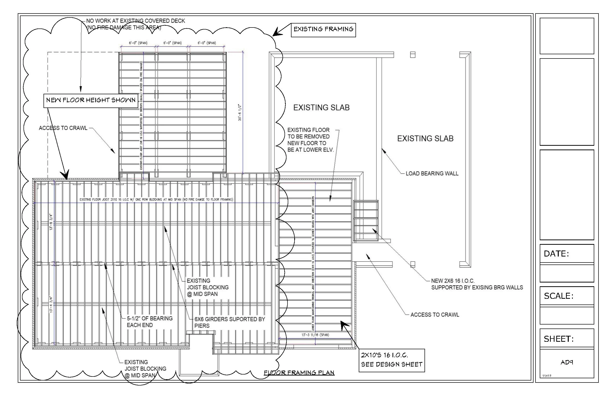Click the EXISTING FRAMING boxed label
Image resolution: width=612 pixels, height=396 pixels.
click(x=323, y=29)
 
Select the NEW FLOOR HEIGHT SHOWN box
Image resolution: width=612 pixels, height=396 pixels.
click(x=91, y=100)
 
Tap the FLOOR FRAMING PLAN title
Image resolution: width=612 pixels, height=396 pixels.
click(x=299, y=372)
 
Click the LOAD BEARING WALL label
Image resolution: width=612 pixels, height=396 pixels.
click(x=432, y=173)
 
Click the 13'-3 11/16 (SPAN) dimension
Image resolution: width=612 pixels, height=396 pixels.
click(x=315, y=335)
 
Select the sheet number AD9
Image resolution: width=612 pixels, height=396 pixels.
click(x=566, y=362)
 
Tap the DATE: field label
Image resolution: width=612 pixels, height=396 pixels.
click(x=556, y=254)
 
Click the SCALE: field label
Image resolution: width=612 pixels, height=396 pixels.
click(x=558, y=296)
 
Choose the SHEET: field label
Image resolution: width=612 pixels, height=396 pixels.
click(x=558, y=339)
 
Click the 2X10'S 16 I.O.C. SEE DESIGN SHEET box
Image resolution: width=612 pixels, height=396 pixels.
click(x=392, y=360)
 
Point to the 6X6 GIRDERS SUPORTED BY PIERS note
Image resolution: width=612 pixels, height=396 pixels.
click(x=229, y=322)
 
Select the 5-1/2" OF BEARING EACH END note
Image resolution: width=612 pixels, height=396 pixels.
click(x=149, y=322)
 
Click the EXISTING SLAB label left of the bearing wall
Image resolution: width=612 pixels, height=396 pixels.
click(x=321, y=107)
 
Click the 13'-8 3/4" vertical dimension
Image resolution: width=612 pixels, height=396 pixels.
click(x=51, y=222)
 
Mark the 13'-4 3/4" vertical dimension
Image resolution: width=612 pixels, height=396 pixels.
click(x=51, y=304)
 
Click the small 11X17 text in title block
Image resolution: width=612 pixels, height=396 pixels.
click(x=547, y=376)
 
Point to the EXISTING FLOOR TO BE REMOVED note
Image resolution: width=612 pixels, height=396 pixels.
click(x=310, y=140)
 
